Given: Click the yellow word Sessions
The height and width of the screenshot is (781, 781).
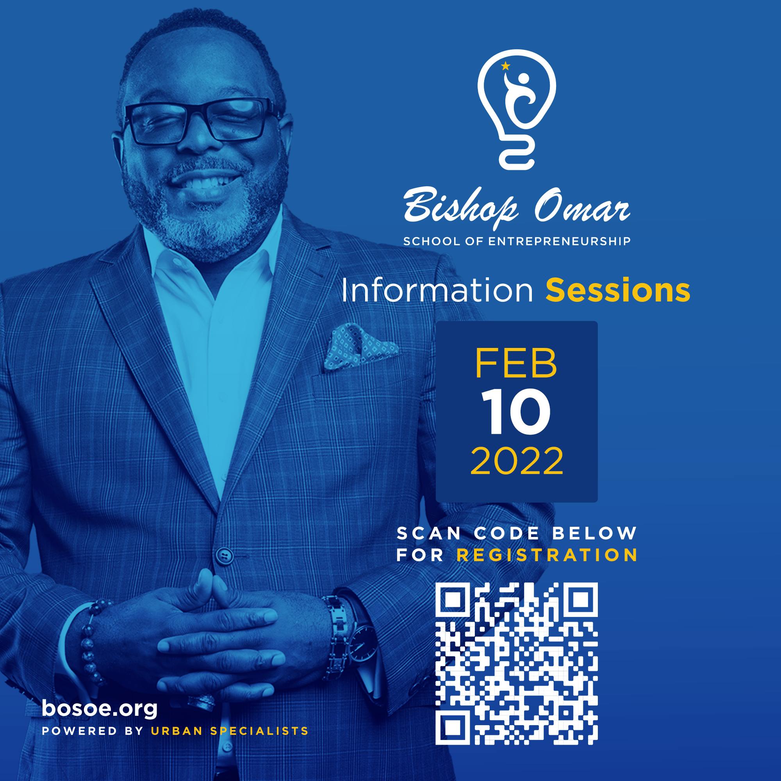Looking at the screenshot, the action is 618,292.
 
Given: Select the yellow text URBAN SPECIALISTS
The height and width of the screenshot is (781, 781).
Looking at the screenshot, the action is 229,731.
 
